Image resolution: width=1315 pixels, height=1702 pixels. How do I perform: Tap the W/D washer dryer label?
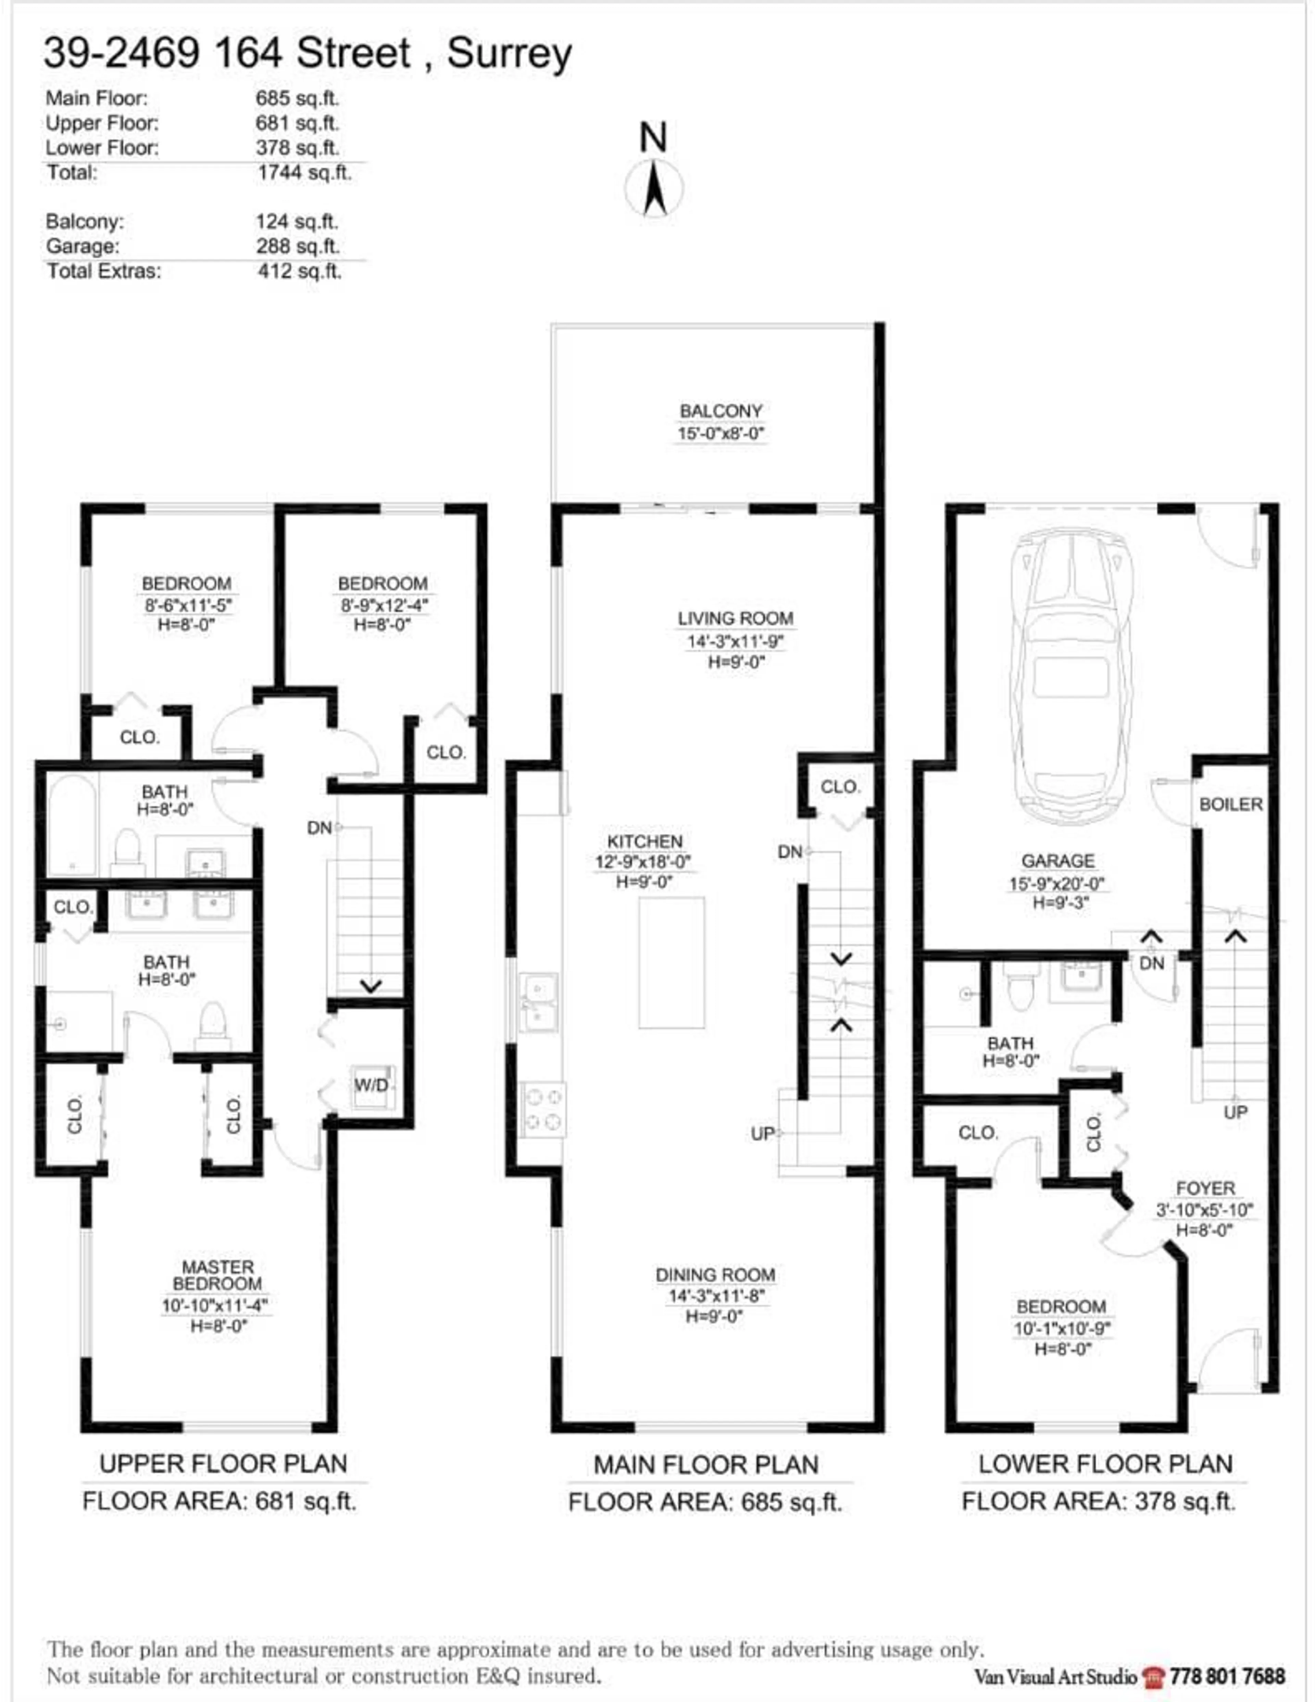coord(371,1085)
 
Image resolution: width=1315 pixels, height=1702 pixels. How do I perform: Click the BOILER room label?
coord(1230,804)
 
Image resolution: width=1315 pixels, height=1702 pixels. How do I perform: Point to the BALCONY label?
coord(720,411)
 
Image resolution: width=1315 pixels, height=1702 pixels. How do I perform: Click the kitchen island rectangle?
coord(671,962)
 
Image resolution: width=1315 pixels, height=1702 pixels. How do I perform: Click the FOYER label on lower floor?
coord(1205,1188)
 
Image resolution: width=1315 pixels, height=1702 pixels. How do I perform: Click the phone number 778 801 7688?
coord(1227,1676)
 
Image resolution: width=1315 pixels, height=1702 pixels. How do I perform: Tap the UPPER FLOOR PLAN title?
coord(223,1464)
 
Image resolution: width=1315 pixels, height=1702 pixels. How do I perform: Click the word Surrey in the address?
coord(509,54)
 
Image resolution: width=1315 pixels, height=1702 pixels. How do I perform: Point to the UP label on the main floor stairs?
coord(762,1133)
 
